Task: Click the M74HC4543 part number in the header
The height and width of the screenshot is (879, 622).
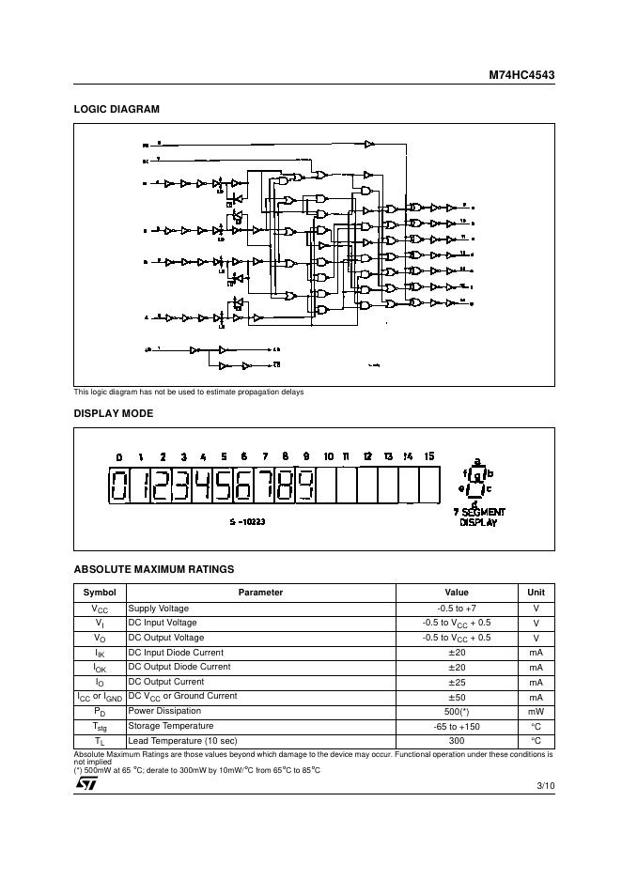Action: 521,74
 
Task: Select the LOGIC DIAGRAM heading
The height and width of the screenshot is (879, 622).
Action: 117,109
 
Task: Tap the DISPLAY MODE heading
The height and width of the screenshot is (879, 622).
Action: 114,413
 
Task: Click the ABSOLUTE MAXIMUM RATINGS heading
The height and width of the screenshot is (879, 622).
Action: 154,569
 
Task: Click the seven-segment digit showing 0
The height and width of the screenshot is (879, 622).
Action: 120,486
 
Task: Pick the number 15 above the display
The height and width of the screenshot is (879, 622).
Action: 429,456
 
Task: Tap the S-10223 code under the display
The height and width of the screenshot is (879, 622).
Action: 247,521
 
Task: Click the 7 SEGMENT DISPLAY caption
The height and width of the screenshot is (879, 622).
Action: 478,517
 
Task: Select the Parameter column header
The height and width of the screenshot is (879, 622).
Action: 260,593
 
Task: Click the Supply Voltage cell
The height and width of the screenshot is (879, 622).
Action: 159,609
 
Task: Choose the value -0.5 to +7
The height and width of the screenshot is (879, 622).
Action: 457,609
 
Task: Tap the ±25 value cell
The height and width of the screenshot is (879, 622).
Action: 457,682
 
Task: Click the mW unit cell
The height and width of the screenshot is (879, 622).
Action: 536,712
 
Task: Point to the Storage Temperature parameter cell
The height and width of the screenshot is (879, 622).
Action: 171,726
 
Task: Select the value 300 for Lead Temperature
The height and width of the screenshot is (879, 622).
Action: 457,740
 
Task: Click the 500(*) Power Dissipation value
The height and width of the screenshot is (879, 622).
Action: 457,712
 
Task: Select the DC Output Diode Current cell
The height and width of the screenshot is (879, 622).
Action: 179,667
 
